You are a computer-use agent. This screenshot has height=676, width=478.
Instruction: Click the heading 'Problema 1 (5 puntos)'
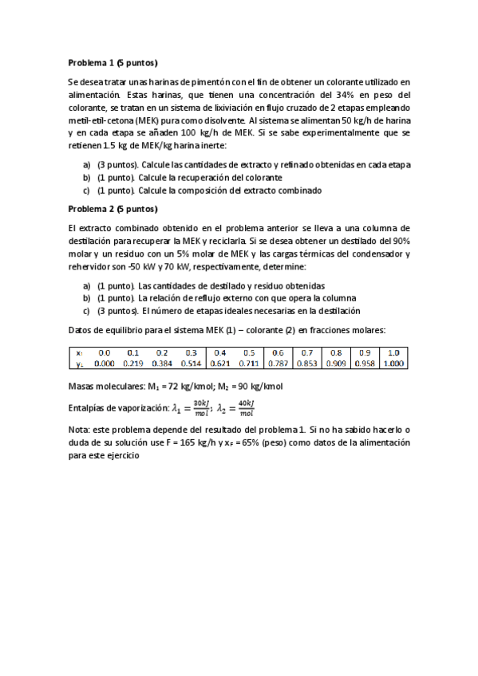pyautogui.click(x=113, y=62)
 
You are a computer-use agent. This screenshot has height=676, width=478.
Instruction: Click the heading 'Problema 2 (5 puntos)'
pyautogui.click(x=113, y=210)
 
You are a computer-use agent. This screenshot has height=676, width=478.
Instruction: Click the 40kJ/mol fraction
pyautogui.click(x=247, y=409)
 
